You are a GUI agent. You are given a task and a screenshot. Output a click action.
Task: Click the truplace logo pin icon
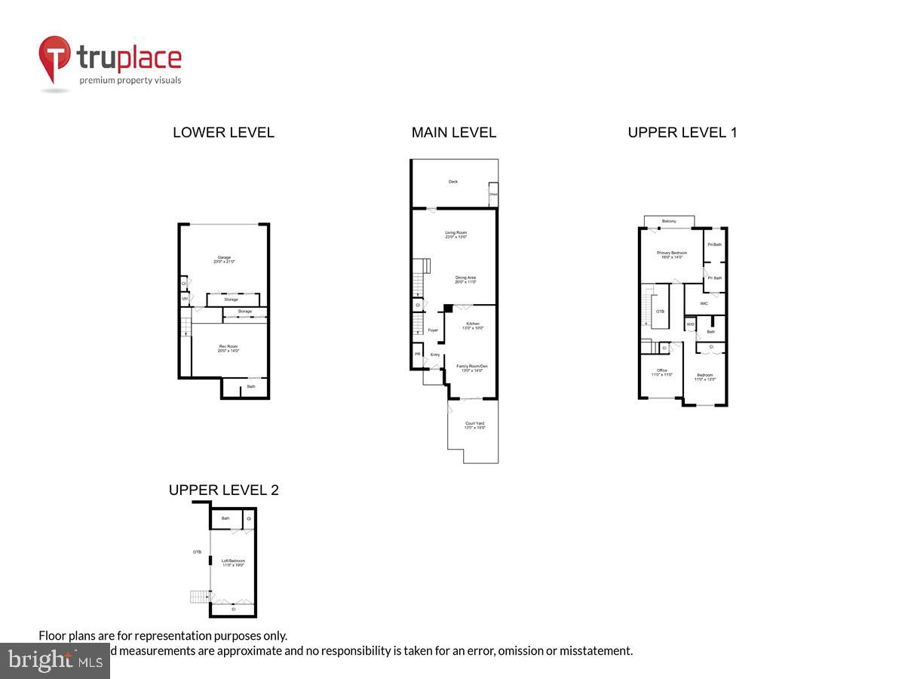(x=55, y=59)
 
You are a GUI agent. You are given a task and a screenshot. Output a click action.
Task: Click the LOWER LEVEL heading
(x=223, y=133)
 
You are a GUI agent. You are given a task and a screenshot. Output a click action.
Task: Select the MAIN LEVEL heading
(x=453, y=133)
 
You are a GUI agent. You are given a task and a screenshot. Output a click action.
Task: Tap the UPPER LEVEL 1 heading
(x=682, y=133)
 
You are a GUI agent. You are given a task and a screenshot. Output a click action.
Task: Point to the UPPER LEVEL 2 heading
(x=223, y=490)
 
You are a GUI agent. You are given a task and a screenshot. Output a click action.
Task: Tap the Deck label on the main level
(x=453, y=182)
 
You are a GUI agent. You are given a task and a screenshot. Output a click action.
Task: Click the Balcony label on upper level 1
(x=668, y=221)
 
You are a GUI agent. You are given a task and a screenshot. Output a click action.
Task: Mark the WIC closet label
(x=704, y=304)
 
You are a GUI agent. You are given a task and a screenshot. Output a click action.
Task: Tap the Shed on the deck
(x=493, y=194)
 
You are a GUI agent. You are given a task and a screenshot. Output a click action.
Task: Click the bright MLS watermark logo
(x=54, y=661)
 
